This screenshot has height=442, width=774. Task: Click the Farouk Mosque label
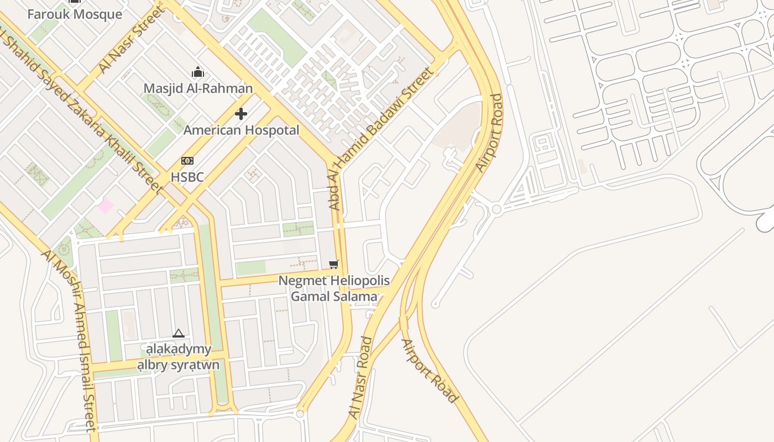click(75, 14)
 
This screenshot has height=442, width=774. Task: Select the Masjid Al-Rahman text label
click(198, 88)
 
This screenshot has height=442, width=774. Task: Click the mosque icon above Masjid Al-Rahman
click(198, 72)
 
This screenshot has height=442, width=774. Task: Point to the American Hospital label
click(241, 130)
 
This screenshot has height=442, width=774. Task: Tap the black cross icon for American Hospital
click(241, 114)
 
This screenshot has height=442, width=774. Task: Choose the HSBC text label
click(187, 177)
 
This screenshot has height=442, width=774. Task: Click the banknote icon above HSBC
click(187, 161)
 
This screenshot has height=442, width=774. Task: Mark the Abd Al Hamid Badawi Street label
click(380, 138)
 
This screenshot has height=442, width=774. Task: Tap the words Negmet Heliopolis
click(334, 281)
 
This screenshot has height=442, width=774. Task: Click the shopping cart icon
click(333, 265)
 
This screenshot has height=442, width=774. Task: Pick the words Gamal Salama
click(334, 297)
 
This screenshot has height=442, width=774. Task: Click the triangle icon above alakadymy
click(178, 333)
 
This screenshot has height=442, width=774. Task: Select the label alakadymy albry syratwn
click(178, 357)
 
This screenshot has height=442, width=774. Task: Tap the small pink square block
click(105, 206)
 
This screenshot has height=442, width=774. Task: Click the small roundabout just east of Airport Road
click(496, 209)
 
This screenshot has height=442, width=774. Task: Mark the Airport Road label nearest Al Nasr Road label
click(430, 371)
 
